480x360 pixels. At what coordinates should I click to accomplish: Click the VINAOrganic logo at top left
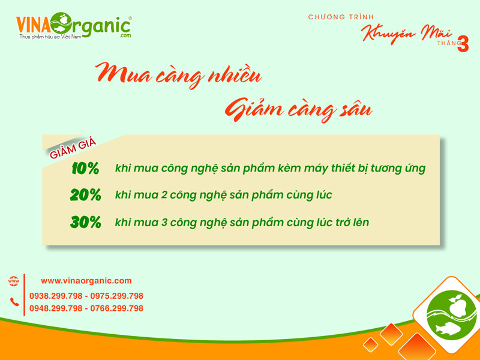[74, 26]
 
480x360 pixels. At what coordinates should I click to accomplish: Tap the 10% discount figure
[85, 168]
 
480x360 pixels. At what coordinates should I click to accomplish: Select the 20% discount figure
[85, 194]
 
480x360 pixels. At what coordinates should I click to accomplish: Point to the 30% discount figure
[85, 222]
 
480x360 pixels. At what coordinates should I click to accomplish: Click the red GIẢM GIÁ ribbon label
[73, 148]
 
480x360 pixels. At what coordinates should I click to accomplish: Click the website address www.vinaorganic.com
[86, 281]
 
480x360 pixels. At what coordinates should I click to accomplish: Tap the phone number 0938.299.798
[56, 296]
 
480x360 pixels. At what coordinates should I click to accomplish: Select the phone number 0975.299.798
[116, 296]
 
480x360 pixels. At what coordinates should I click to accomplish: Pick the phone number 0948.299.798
[56, 308]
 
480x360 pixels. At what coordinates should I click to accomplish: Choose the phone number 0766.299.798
[116, 308]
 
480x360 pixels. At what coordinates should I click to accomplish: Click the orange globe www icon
[13, 281]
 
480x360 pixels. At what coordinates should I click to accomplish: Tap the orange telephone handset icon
[14, 302]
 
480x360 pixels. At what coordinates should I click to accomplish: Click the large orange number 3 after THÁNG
[463, 44]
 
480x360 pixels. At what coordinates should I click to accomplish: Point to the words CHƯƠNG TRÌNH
[341, 17]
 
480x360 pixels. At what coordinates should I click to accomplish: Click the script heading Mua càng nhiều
[178, 75]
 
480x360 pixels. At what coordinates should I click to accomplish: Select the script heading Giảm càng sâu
[298, 109]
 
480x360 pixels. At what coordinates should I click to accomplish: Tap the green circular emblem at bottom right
[451, 315]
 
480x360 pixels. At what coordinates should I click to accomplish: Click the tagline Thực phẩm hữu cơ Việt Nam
[50, 37]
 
